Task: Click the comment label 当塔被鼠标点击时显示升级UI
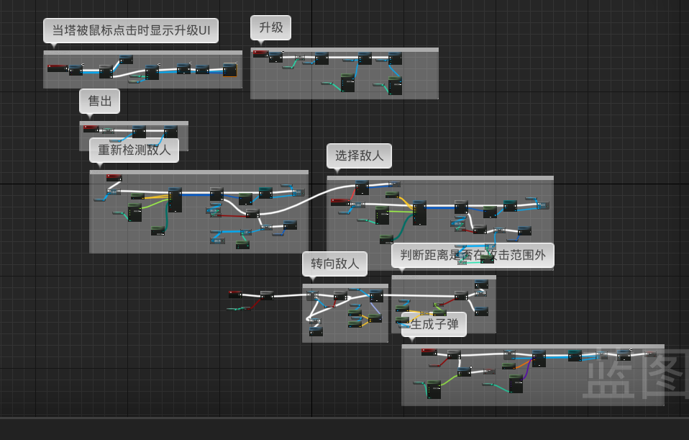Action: [x=131, y=31]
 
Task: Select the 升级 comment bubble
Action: [x=271, y=28]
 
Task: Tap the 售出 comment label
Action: [x=99, y=102]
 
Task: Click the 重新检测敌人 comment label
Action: [x=134, y=150]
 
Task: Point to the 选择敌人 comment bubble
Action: [x=360, y=155]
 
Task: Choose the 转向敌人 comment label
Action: [x=334, y=264]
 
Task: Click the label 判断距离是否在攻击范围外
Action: [x=473, y=255]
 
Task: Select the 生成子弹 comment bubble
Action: [x=434, y=324]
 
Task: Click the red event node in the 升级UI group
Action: [x=57, y=68]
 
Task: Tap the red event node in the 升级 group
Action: [x=260, y=53]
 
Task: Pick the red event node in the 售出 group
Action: [x=91, y=129]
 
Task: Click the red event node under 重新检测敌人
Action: [x=114, y=177]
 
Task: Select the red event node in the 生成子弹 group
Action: [x=429, y=351]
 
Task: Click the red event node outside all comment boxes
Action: [x=235, y=294]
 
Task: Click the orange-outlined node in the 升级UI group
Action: [x=229, y=70]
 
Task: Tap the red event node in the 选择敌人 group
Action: [x=340, y=202]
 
